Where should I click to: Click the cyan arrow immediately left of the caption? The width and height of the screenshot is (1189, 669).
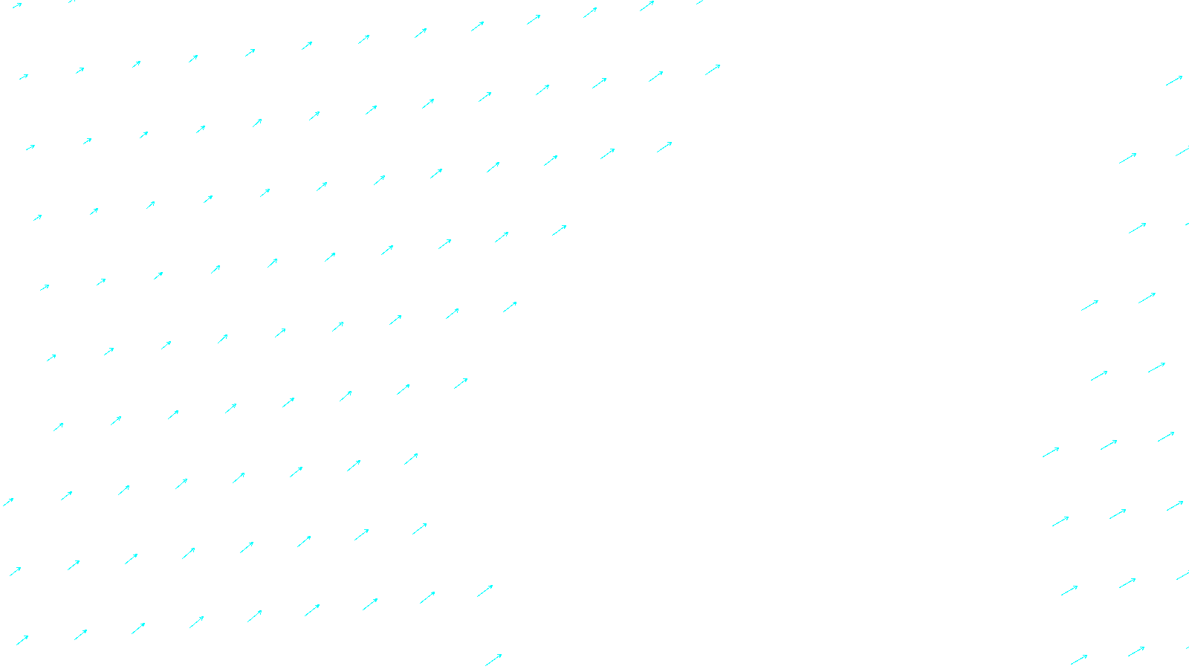coord(493,660)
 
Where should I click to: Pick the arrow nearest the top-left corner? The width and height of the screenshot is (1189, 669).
coord(16,6)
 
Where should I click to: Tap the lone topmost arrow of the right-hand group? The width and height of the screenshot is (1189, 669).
coord(1174,80)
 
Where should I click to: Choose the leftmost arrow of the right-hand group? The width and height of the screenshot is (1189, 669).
coord(1051,452)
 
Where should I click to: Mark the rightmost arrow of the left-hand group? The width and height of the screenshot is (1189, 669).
coord(713,70)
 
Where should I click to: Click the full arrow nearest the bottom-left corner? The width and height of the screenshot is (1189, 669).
coord(22,640)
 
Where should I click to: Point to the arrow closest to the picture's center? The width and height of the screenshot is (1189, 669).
coord(510,306)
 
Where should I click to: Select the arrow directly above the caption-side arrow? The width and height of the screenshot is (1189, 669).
coord(485,591)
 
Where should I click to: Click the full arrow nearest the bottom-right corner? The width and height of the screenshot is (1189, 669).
coord(1135,652)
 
